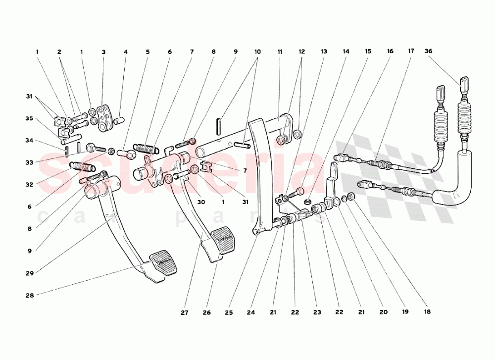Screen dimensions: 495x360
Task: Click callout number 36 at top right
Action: (x=428, y=51)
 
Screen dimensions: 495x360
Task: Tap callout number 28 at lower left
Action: (x=30, y=296)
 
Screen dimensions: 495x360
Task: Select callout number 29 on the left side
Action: (x=30, y=273)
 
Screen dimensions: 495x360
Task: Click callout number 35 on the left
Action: (x=29, y=119)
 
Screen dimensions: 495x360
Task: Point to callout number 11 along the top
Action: (x=280, y=52)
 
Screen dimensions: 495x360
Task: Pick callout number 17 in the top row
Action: (x=411, y=51)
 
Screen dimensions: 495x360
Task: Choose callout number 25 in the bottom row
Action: (x=229, y=312)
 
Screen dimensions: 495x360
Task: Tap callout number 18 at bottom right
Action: (x=427, y=311)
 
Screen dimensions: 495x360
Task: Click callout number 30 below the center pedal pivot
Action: (x=201, y=202)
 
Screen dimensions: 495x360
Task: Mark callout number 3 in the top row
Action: (x=103, y=52)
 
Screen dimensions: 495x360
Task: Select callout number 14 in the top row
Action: (x=346, y=51)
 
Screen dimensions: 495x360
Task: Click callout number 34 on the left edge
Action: (x=29, y=141)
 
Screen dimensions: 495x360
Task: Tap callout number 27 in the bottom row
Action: (x=185, y=312)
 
